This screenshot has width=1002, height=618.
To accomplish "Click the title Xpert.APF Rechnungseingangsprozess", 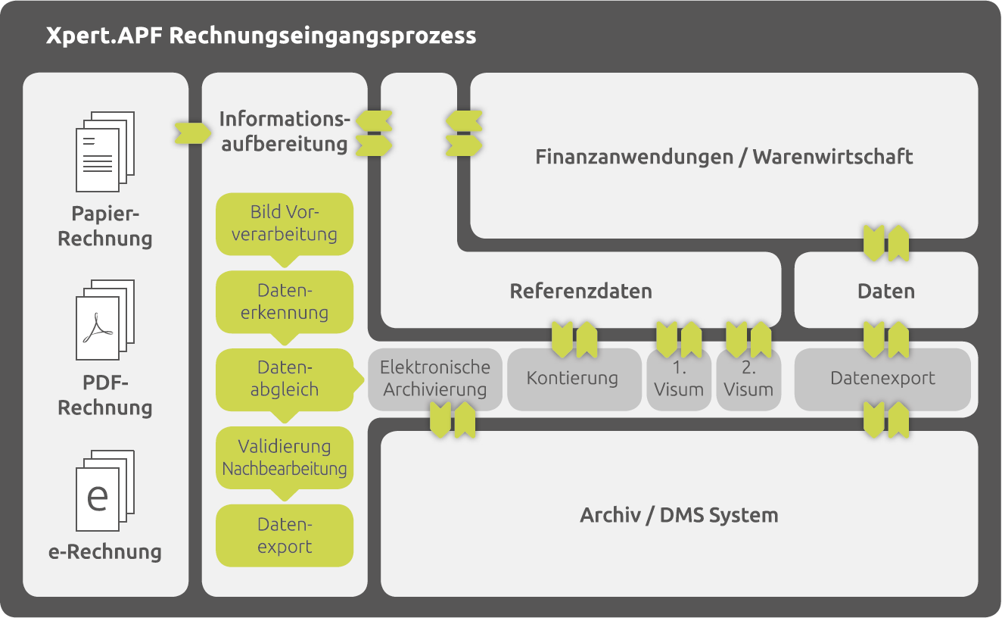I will tap(261, 36).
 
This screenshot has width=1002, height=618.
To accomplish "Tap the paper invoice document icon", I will tap(104, 151).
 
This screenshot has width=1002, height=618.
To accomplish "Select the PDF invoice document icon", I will tap(104, 320).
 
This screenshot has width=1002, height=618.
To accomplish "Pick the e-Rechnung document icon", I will tap(104, 491).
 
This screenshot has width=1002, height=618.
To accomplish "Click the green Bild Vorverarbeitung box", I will tap(285, 223).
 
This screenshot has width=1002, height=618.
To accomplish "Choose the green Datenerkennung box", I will tap(285, 301).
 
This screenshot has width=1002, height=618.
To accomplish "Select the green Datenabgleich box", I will tap(285, 379).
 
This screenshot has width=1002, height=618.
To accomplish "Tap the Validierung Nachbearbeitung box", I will tap(285, 457).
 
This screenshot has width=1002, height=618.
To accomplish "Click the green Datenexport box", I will tap(285, 535).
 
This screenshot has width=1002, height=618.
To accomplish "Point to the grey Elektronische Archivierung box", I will tap(435, 379).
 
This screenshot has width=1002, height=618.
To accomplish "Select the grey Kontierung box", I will tap(573, 379).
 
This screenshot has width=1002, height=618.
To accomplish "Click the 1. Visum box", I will tap(679, 379).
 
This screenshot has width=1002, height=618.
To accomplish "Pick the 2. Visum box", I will tap(748, 379).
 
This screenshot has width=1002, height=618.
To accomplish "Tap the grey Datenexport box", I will tap(882, 379).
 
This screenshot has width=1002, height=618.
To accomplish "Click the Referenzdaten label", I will tap(580, 292).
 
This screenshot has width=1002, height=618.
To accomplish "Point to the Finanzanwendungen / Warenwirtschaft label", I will tap(724, 157).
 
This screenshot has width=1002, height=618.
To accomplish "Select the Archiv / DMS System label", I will tap(679, 516).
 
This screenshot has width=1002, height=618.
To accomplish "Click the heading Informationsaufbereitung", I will tap(285, 131).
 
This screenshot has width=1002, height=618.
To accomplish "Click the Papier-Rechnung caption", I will tap(104, 226).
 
